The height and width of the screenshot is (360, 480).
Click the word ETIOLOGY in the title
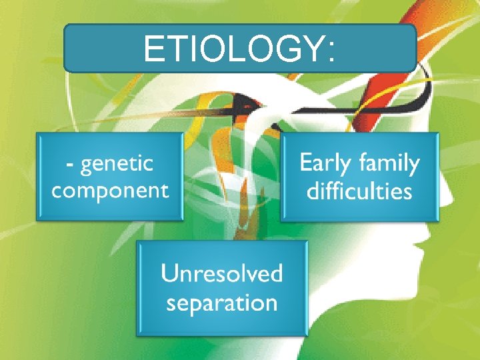click(x=233, y=49)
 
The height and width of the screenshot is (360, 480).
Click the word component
click(x=110, y=191)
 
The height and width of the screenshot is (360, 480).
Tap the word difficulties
click(x=359, y=191)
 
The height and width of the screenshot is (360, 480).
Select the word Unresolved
click(x=221, y=273)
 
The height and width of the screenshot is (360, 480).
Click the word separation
click(x=221, y=303)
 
